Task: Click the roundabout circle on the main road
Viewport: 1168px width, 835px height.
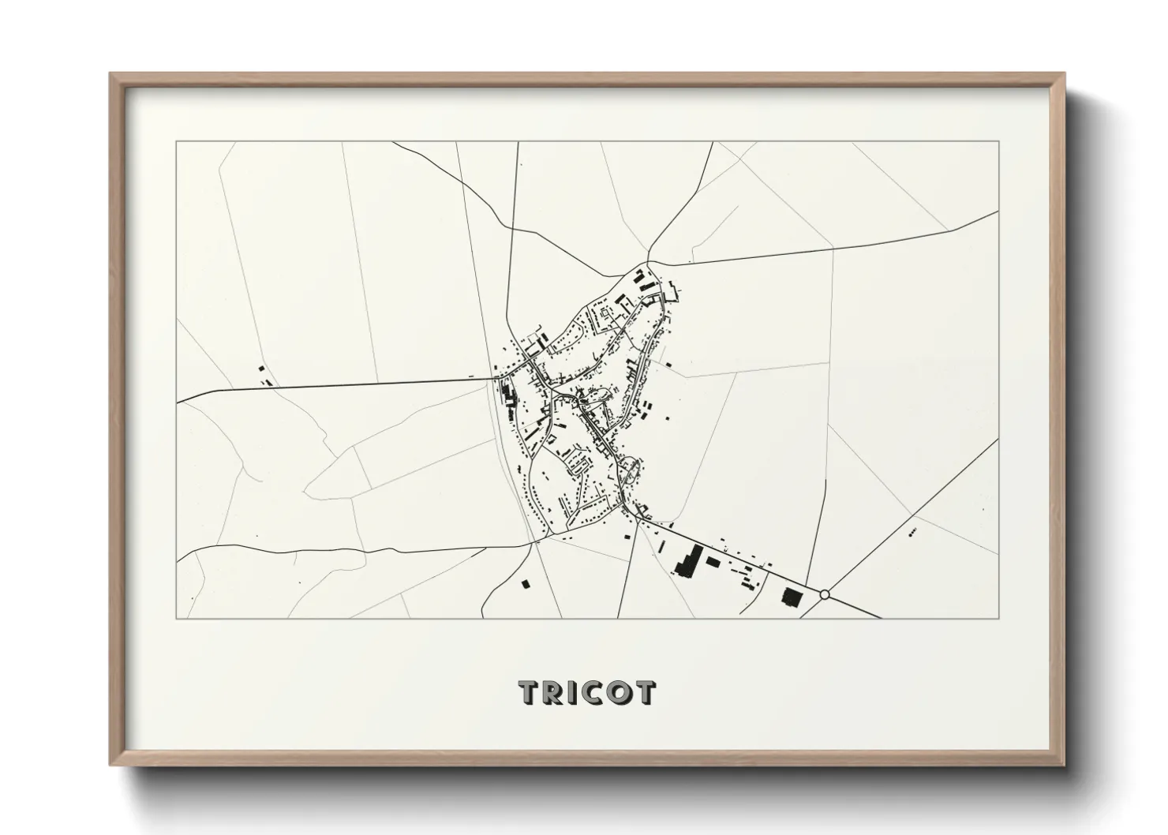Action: coord(825,593)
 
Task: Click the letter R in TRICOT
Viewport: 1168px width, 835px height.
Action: coord(556,692)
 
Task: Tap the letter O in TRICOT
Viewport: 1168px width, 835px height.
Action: coord(620,692)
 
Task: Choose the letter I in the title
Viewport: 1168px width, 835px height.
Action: coord(574,692)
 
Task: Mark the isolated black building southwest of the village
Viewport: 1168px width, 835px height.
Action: coord(525,584)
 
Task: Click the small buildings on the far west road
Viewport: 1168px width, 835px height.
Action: coord(263,373)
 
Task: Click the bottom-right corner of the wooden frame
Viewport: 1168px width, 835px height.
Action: coord(1064,764)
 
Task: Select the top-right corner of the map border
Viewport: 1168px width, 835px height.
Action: coord(999,142)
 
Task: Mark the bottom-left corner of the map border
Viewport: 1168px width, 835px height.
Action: coord(177,618)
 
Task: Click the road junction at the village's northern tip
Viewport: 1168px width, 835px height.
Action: coord(647,263)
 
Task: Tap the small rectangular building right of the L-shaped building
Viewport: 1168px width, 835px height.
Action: coord(713,562)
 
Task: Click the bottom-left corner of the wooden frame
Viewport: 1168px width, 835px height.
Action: coord(111,764)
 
